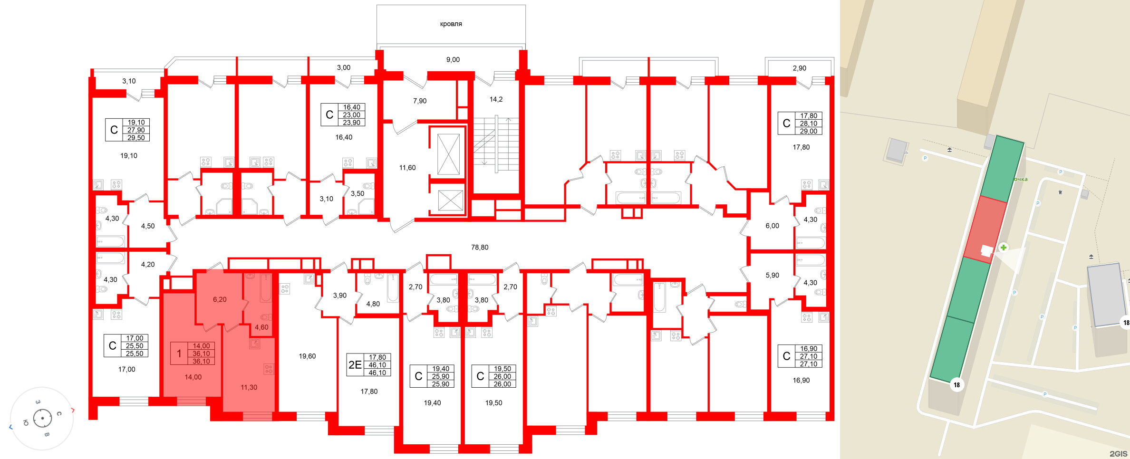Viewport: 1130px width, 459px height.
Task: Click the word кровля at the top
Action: [x=451, y=24]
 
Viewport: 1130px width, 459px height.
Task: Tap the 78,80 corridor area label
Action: [x=480, y=247]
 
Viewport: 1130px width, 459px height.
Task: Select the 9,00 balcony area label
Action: [x=453, y=59]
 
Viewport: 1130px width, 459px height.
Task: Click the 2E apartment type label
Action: [x=355, y=364]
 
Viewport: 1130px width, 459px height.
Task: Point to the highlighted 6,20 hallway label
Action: [x=220, y=299]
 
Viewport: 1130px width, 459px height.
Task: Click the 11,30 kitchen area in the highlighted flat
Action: [x=249, y=387]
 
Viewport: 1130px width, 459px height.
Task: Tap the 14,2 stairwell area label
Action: [x=496, y=99]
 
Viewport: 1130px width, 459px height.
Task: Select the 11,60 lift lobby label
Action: [x=407, y=168]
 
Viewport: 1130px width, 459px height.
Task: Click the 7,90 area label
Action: [x=420, y=101]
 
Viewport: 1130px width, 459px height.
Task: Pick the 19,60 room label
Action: [x=307, y=356]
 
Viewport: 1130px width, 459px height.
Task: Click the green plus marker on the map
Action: [x=1003, y=248]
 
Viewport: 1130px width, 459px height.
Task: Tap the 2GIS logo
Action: [x=1119, y=453]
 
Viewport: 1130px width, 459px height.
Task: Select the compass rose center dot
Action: [x=43, y=419]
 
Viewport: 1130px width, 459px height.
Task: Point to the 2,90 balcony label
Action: [x=799, y=68]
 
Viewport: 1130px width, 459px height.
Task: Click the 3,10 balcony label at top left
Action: [x=129, y=81]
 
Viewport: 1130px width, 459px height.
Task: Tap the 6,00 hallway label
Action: [x=772, y=226]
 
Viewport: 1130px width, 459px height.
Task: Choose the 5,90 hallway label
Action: [x=772, y=275]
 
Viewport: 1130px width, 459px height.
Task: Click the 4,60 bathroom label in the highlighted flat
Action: [x=261, y=327]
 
